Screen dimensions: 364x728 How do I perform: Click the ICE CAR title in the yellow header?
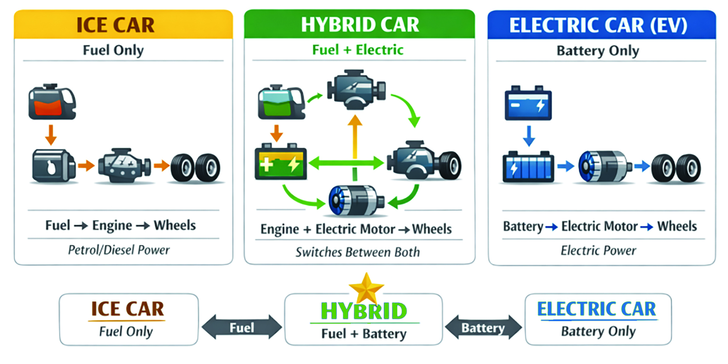115,25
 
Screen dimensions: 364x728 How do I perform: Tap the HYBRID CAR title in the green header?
359,25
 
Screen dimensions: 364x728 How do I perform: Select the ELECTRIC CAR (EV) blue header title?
598,25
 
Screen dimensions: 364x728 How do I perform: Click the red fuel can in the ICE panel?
52,102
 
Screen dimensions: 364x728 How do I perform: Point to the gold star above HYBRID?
366,288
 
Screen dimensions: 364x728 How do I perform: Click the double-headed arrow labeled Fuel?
242,327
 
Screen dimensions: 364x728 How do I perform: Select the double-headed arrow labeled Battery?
483,328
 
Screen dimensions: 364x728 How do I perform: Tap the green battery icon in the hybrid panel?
280,162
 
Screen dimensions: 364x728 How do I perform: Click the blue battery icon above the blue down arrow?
528,103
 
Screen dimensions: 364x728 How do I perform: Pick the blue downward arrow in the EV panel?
529,135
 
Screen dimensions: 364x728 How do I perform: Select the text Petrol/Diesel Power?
119,250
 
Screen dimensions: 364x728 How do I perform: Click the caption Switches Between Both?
358,252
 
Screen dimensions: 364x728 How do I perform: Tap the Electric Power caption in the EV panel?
598,250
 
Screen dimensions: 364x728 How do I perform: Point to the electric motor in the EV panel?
604,167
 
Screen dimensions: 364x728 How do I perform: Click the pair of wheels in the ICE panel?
195,168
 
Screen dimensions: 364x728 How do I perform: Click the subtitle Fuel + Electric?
358,50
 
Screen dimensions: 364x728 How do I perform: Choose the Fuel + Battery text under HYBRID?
364,334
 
